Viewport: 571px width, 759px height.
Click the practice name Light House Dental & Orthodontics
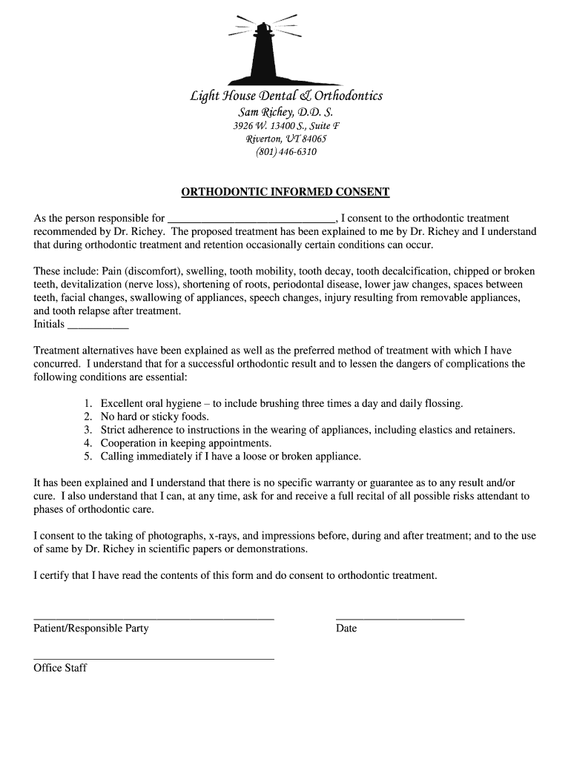coord(285,96)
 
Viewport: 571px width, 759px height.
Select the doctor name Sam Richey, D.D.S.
coord(285,112)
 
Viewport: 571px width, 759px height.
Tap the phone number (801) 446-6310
coord(285,152)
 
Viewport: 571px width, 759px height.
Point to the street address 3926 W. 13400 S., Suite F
coord(285,125)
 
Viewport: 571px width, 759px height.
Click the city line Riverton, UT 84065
coord(285,139)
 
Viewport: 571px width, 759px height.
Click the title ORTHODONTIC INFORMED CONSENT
coord(285,192)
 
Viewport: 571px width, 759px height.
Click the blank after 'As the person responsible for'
coord(251,220)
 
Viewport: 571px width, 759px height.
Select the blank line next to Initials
coord(98,326)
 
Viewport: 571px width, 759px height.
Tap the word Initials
coord(49,324)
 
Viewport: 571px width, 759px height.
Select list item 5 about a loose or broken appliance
coord(231,457)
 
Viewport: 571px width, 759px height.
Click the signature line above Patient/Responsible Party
coord(154,617)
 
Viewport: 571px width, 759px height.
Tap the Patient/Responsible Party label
coord(91,629)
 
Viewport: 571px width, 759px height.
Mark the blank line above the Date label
coord(400,617)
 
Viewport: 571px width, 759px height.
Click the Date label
coord(346,629)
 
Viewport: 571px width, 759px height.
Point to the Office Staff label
coord(60,668)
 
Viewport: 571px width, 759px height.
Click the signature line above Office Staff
coord(154,657)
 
